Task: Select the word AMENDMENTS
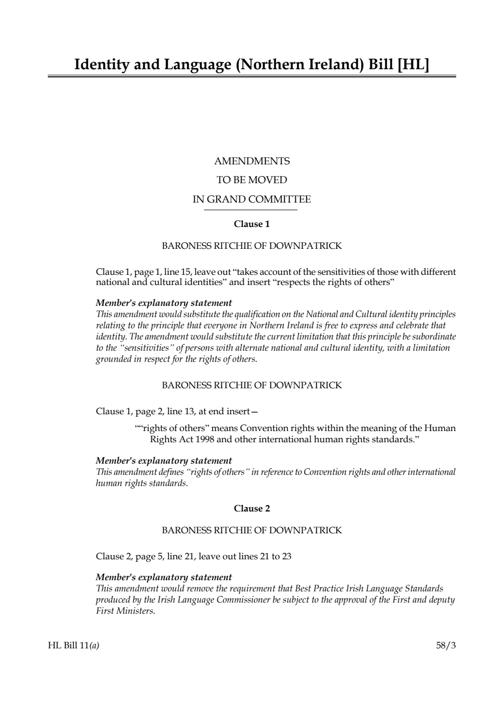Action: (252, 161)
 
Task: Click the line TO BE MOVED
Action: (252, 180)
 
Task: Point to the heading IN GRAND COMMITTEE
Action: (252, 199)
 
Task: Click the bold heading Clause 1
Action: (252, 224)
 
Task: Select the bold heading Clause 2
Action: (252, 508)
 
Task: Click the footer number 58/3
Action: (446, 646)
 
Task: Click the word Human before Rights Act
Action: (440, 428)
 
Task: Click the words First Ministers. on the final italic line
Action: (125, 611)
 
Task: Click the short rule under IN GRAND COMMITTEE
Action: (251, 210)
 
